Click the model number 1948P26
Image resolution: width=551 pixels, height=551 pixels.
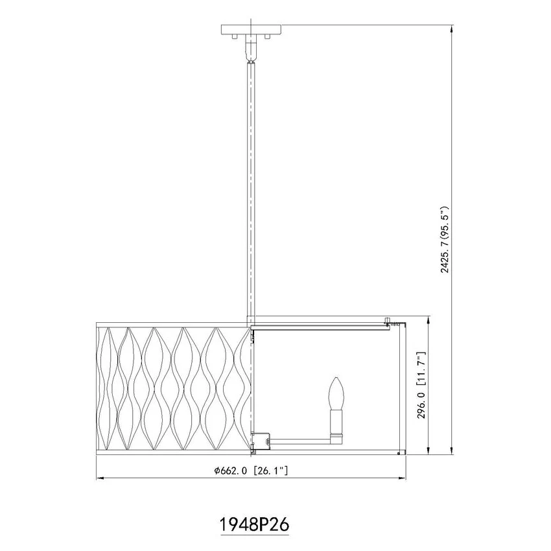[x=254, y=524]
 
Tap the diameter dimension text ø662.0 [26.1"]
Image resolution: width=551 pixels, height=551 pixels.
[x=252, y=470]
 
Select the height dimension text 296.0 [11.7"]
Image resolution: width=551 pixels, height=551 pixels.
[x=421, y=385]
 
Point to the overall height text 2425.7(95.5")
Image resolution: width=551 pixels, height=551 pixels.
[x=445, y=239]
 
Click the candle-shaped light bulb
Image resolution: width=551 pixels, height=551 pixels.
[x=336, y=393]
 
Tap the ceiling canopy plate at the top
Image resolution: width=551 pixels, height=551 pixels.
[x=251, y=29]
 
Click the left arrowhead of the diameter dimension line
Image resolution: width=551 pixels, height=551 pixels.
[x=100, y=478]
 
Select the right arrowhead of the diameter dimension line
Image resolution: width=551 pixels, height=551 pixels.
[x=402, y=478]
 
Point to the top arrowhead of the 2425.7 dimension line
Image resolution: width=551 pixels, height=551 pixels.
[x=452, y=29]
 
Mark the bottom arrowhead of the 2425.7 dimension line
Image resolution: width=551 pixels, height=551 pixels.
[x=452, y=450]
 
